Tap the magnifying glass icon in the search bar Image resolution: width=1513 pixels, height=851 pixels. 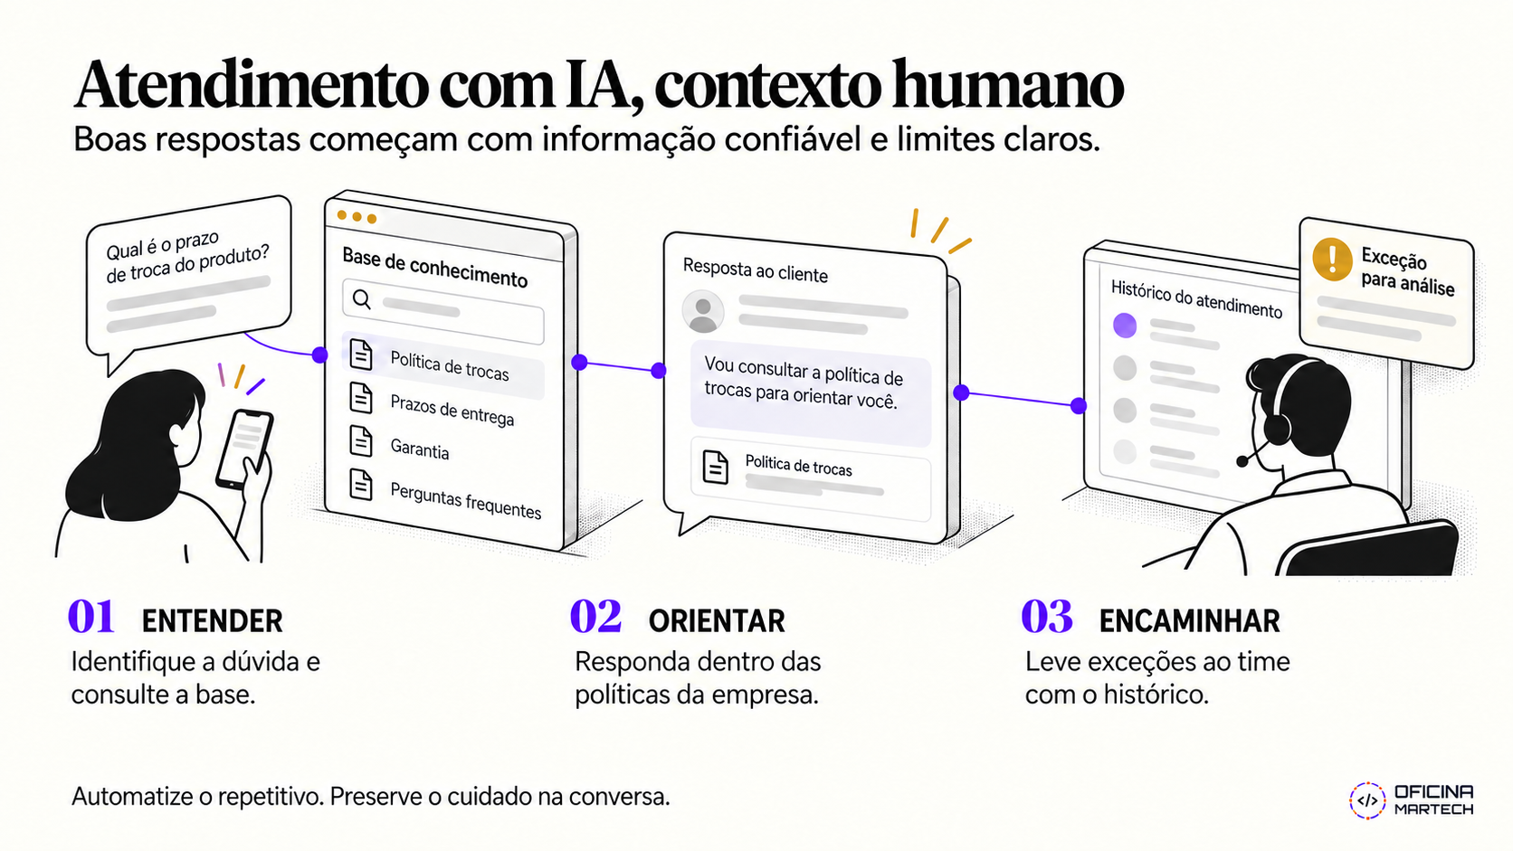(362, 299)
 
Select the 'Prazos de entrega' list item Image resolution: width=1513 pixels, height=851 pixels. (452, 411)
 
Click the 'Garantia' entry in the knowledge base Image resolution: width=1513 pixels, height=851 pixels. (420, 448)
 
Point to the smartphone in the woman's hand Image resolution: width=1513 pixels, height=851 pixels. (244, 448)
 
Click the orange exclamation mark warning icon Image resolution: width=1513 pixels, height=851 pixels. (1332, 260)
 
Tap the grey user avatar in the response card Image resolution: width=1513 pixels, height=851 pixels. (702, 312)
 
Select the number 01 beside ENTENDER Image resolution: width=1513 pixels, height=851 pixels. (91, 617)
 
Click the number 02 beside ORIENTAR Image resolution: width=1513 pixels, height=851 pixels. (595, 617)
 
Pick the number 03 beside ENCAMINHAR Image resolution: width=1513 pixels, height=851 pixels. (1046, 617)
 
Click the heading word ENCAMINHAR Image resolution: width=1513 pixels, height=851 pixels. (1189, 621)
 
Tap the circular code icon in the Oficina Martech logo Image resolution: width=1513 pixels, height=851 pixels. (1367, 801)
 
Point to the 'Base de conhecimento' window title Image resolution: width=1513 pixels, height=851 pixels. (435, 268)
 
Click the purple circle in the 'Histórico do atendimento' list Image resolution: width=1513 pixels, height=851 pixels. (1125, 326)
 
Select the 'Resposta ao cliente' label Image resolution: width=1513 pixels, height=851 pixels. (756, 270)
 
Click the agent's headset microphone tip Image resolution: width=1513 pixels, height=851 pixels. (1242, 461)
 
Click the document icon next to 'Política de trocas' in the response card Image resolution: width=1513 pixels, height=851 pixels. (715, 467)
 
